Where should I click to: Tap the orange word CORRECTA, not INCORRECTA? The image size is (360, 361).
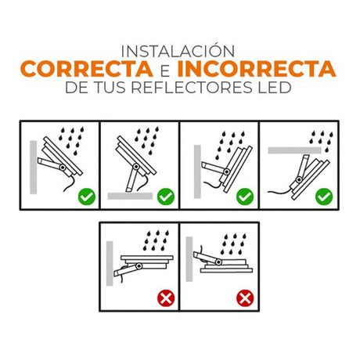click(x=87, y=69)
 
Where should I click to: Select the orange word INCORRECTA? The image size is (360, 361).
click(x=257, y=69)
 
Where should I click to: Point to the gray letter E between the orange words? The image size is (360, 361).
click(x=165, y=71)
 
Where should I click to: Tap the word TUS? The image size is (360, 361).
click(x=110, y=88)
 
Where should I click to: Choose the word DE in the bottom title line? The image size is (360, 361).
click(x=77, y=88)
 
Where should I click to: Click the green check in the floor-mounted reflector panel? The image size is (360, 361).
click(x=166, y=197)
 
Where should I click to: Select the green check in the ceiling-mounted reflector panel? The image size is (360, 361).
click(x=324, y=197)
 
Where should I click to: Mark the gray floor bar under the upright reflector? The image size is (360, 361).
click(x=130, y=196)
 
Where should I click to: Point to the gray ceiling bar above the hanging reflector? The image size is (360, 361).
click(x=294, y=150)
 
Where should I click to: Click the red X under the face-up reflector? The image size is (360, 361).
click(x=166, y=298)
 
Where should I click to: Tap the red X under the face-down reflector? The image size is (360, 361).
click(x=245, y=298)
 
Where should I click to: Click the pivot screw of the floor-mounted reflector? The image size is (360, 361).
click(x=136, y=167)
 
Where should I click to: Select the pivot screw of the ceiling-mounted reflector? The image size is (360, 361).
click(x=299, y=179)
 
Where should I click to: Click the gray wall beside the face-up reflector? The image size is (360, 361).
click(x=110, y=263)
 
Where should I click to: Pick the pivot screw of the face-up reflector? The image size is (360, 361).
click(x=139, y=266)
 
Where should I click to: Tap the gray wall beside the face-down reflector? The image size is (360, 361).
click(x=189, y=259)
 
